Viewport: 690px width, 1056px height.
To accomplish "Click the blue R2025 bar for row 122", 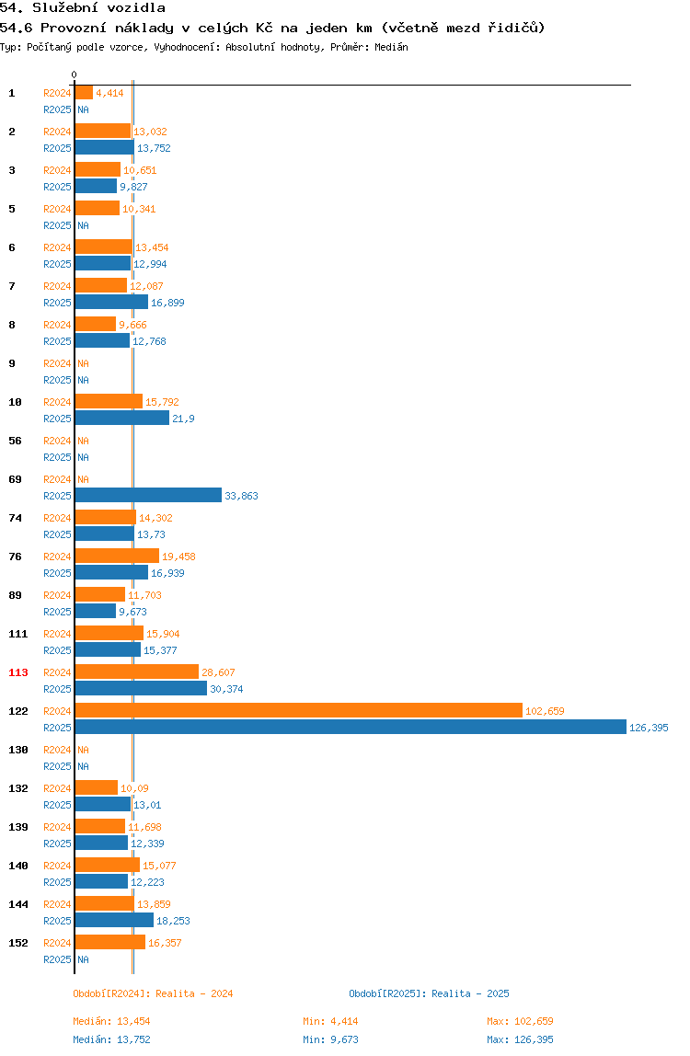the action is point(351,728).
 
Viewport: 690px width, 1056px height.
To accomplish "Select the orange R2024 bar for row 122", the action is point(298,710).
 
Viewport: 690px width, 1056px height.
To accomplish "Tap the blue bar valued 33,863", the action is point(148,495).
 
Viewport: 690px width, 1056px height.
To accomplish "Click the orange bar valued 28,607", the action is point(137,671).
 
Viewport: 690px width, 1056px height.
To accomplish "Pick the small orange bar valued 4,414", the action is point(84,92).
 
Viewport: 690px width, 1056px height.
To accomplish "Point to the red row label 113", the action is point(18,672).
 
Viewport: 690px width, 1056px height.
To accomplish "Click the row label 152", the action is point(18,943).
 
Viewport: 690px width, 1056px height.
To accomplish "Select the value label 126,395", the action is point(649,728).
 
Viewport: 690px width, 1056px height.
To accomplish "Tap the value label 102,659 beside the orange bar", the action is point(546,711).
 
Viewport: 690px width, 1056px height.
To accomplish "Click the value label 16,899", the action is point(167,303).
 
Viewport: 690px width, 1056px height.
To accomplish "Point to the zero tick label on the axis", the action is point(75,75).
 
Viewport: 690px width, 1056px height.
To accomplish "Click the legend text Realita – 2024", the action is point(195,993).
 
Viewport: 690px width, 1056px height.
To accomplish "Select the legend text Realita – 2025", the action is point(470,993).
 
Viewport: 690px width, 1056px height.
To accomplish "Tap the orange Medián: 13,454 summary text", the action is point(112,1021).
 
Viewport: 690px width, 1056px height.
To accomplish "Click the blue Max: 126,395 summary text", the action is point(520,1039).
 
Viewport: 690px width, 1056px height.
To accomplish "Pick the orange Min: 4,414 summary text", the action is point(331,1021).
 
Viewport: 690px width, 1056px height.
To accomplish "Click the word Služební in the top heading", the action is point(65,8).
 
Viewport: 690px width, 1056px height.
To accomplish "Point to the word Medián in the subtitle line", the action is point(392,47).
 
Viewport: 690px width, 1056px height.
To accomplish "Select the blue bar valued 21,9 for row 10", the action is point(122,418).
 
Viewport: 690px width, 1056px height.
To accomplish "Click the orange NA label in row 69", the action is point(83,479).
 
